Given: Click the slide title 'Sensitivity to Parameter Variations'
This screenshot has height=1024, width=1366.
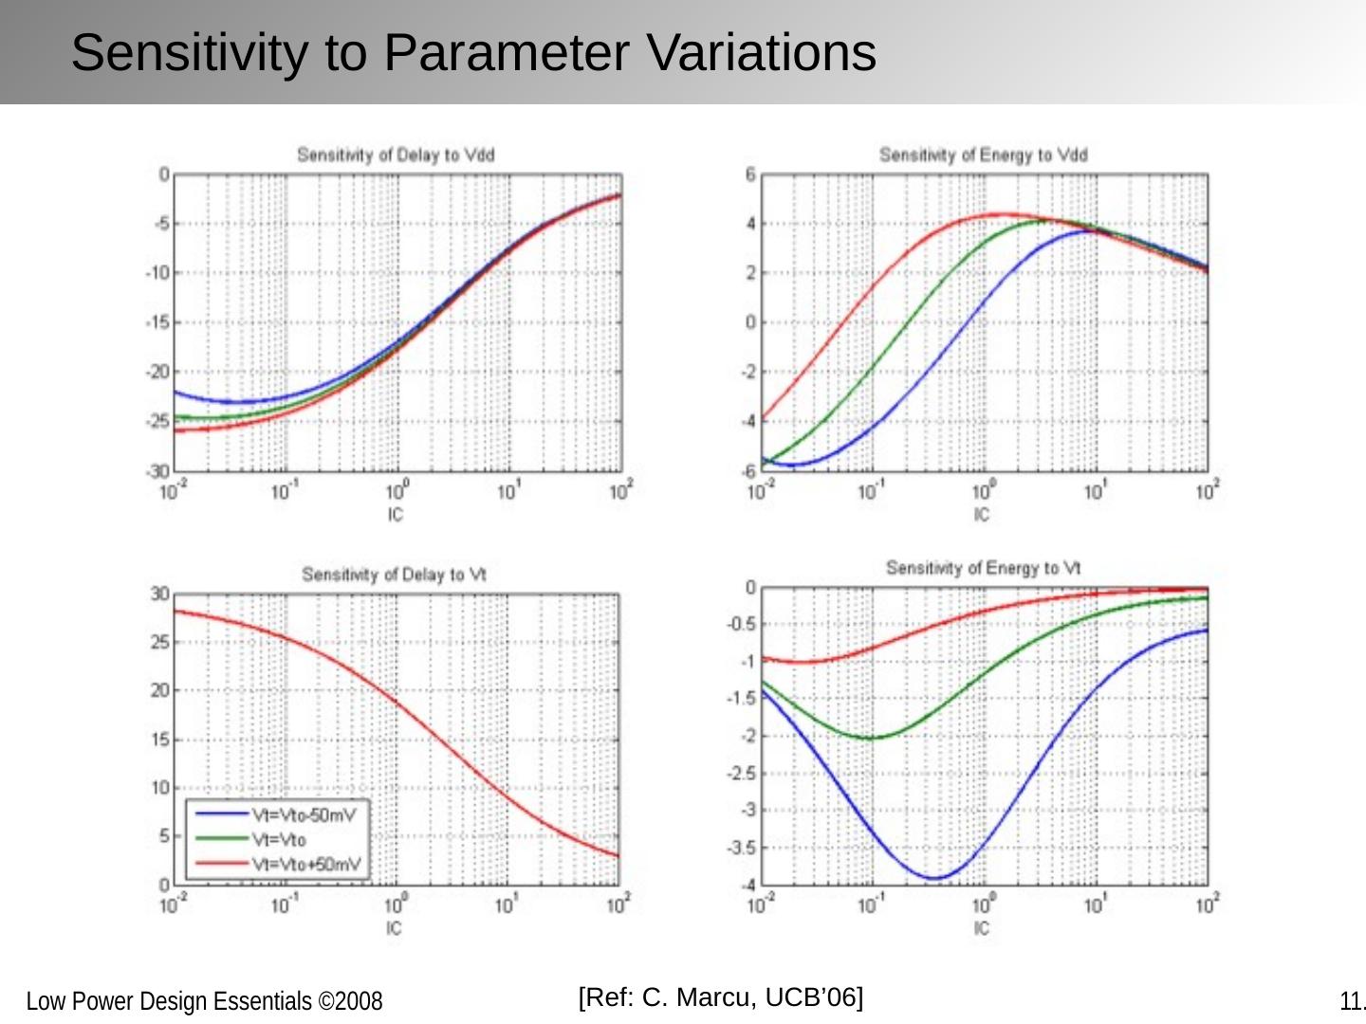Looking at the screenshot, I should click(x=473, y=52).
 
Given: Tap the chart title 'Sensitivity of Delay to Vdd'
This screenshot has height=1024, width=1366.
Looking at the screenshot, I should click(x=396, y=155).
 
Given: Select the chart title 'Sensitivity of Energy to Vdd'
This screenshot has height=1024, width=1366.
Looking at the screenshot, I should click(x=983, y=155).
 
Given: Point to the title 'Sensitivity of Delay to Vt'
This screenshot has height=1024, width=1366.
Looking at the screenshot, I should click(x=394, y=575).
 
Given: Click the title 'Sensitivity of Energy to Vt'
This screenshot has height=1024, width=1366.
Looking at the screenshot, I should click(x=983, y=568).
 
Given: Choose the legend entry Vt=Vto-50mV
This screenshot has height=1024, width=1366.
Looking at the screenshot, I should click(x=302, y=814).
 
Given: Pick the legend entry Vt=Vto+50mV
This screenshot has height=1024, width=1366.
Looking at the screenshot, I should click(x=305, y=864).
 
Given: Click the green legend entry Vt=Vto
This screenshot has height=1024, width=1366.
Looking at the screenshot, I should click(x=278, y=839).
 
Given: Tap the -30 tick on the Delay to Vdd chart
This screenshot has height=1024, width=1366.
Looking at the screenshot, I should click(x=157, y=471).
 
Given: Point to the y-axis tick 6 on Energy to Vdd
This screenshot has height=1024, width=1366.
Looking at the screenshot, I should click(x=750, y=174).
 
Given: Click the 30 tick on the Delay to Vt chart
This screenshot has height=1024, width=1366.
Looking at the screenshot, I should click(x=158, y=594).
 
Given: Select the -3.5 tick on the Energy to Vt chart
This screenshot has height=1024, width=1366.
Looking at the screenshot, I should click(x=742, y=848).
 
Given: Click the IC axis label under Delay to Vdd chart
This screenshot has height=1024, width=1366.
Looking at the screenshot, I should click(x=396, y=515).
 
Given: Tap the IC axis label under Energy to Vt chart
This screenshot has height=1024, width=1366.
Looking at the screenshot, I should click(x=982, y=928).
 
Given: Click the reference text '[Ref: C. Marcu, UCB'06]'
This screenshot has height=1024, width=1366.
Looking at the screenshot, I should click(x=721, y=997).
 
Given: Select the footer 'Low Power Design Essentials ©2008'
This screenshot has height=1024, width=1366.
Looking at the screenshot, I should click(x=204, y=1001).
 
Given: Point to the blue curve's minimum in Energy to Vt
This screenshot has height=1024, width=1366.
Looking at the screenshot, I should click(x=934, y=878).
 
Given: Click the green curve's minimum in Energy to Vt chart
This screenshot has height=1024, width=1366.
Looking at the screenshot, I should click(x=871, y=738).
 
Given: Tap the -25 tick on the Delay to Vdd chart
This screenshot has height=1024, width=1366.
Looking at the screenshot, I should click(x=157, y=421).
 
